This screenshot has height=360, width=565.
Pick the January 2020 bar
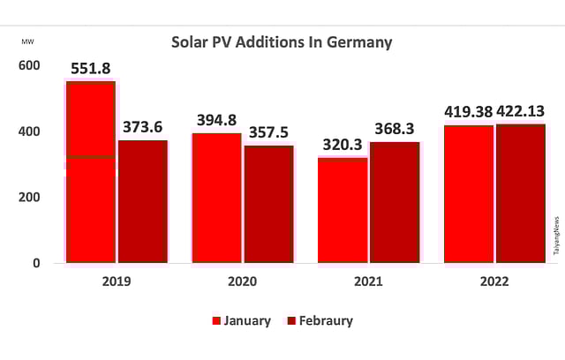pos(216,198)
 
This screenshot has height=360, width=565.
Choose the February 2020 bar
pos(268,204)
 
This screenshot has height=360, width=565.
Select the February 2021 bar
pos(395,202)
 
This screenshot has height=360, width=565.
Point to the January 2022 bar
pos(469,194)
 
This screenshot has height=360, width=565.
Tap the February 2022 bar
pos(521,193)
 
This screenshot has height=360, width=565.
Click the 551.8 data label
pos(91,68)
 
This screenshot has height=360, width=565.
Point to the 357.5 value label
pos(268,132)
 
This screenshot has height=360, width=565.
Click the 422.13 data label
pos(520,112)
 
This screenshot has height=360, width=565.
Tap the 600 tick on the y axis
pos(29,66)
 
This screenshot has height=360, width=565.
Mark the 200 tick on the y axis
pos(29,198)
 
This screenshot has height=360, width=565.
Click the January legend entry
pos(241,321)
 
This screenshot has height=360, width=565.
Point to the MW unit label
pos(28,41)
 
